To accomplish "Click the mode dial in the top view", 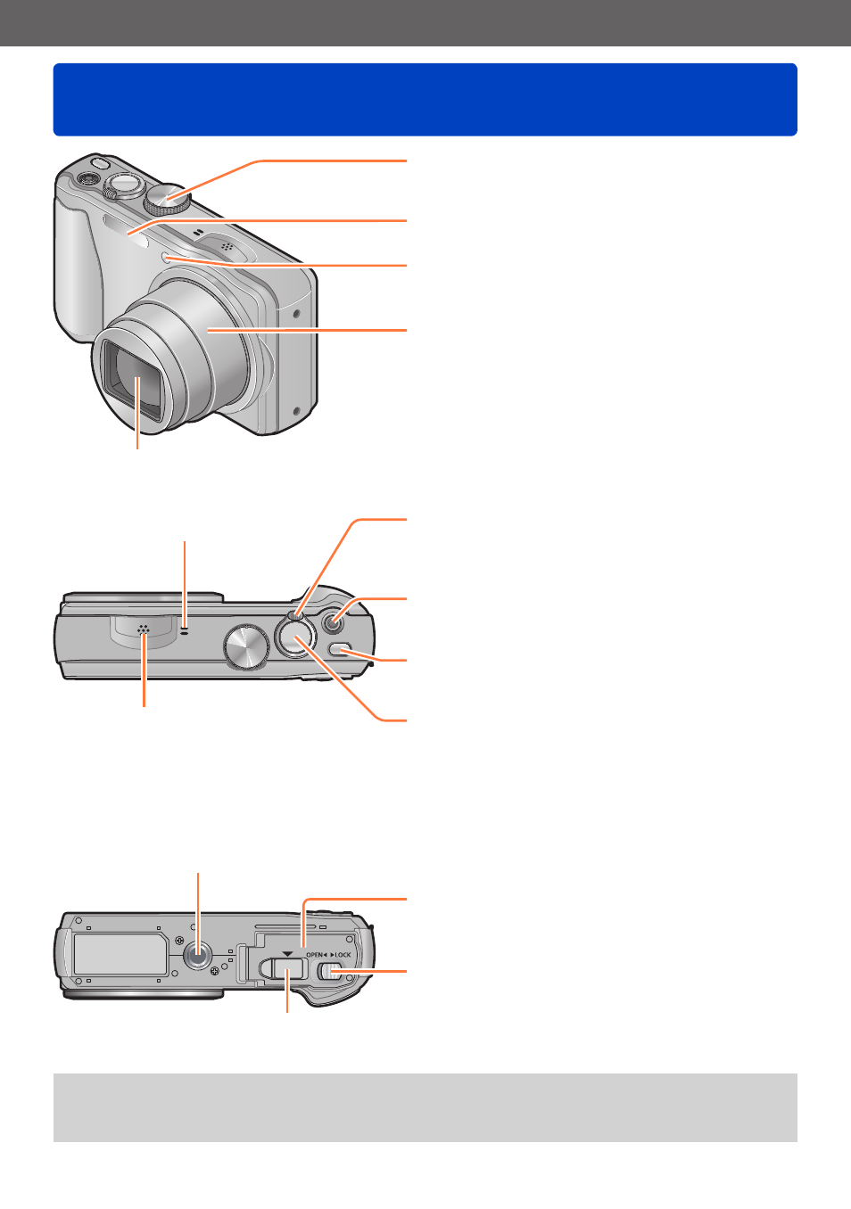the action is pyautogui.click(x=246, y=646).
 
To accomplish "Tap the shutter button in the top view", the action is pyautogui.click(x=295, y=637).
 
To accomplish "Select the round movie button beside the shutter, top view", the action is pyautogui.click(x=334, y=623).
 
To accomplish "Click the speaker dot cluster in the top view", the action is pyautogui.click(x=143, y=630).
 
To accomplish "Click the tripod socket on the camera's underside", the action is pyautogui.click(x=198, y=957).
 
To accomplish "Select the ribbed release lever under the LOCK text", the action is pyautogui.click(x=330, y=972).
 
